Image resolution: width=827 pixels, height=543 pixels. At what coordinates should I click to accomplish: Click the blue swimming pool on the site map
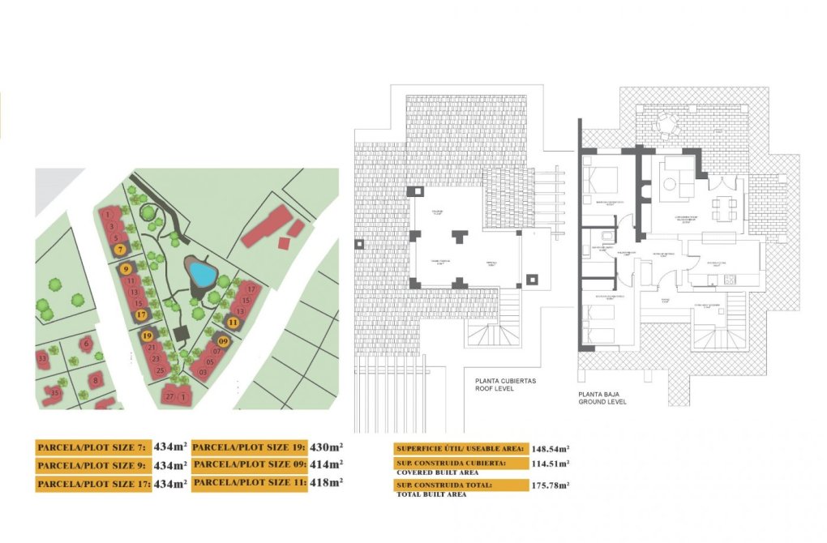(x=200, y=273)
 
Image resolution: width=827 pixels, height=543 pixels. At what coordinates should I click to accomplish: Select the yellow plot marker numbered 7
(x=120, y=250)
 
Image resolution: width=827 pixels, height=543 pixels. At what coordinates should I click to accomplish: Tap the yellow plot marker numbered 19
(x=147, y=335)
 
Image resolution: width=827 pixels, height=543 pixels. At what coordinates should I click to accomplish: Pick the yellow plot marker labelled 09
(x=224, y=341)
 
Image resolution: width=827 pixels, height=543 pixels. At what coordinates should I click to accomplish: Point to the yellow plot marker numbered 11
(x=234, y=322)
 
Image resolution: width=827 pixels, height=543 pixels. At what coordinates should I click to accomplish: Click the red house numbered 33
(x=42, y=357)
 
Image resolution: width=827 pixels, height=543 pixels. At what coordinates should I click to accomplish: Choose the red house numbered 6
(x=87, y=344)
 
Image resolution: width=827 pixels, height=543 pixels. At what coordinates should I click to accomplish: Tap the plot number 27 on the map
(x=169, y=396)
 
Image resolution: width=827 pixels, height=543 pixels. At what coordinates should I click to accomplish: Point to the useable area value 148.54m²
(x=551, y=448)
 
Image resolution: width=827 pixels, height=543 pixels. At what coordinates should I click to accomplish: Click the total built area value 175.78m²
(x=551, y=485)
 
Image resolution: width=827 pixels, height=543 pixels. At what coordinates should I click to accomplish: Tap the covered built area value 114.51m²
(x=551, y=464)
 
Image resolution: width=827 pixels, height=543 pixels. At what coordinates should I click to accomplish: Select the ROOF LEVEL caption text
(x=494, y=387)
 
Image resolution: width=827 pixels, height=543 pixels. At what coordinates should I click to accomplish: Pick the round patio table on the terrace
(x=666, y=124)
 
